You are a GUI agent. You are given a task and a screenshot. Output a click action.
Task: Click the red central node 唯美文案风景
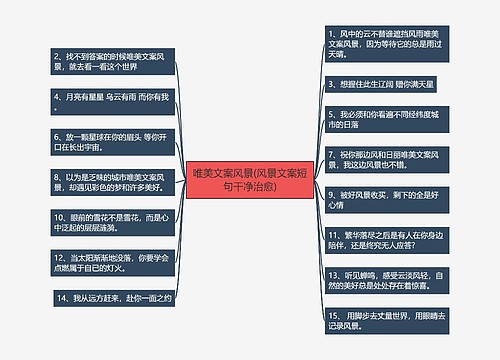click(249, 180)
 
